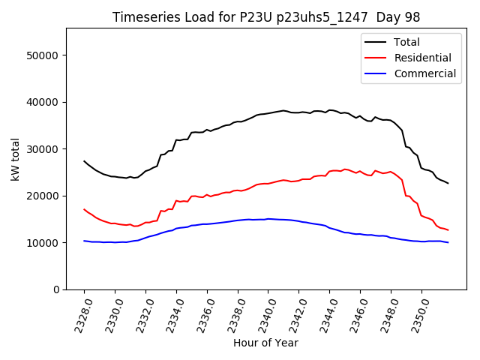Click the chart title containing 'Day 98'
click(x=265, y=17)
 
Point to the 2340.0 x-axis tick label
click(x=263, y=315)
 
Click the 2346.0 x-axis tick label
click(x=355, y=315)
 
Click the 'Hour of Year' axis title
click(x=265, y=343)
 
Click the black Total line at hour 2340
click(x=268, y=112)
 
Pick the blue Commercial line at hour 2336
click(x=207, y=223)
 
